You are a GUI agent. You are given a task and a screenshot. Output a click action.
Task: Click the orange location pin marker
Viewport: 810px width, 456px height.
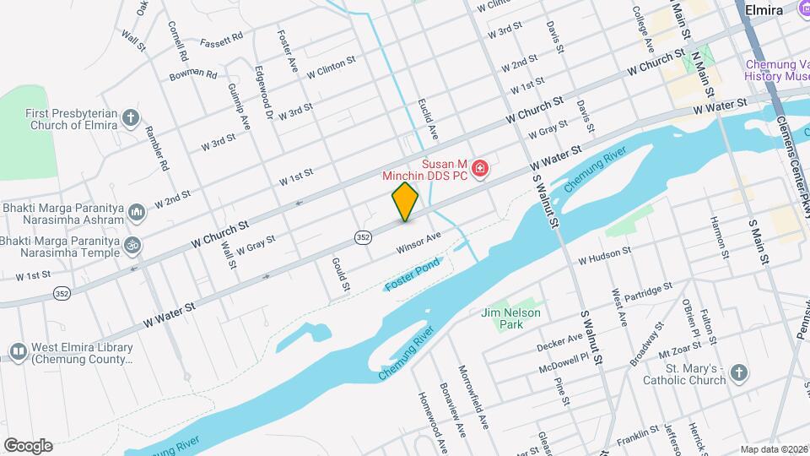pyautogui.click(x=405, y=201)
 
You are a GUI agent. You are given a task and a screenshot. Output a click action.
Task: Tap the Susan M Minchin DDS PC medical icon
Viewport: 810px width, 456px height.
pyautogui.click(x=481, y=170)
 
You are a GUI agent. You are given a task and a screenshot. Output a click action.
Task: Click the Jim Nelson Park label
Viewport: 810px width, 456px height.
pyautogui.click(x=510, y=318)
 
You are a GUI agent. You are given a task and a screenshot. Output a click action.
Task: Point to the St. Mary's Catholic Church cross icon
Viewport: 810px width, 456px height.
pyautogui.click(x=738, y=373)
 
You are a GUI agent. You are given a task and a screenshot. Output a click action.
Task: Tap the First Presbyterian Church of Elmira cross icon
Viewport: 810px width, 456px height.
pyautogui.click(x=130, y=117)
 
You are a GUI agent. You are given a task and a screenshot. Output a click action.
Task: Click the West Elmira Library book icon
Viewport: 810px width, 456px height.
pyautogui.click(x=18, y=350)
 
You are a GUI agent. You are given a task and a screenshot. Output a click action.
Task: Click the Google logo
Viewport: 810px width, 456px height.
pyautogui.click(x=28, y=445)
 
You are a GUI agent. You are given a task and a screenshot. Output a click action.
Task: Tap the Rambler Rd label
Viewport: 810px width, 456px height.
pyautogui.click(x=159, y=148)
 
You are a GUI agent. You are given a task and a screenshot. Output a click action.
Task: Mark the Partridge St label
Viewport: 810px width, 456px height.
pyautogui.click(x=644, y=291)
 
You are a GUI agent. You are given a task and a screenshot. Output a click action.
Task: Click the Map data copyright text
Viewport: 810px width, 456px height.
pyautogui.click(x=774, y=449)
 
